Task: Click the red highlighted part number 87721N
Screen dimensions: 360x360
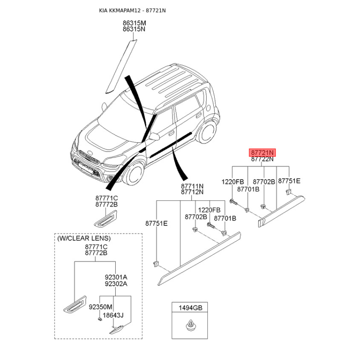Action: point(263,153)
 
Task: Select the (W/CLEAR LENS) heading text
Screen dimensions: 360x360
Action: point(83,238)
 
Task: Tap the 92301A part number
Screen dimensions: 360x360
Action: point(115,277)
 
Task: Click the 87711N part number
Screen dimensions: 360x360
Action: point(192,186)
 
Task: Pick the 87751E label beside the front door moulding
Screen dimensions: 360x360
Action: point(156,223)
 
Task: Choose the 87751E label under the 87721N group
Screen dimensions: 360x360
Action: point(289,181)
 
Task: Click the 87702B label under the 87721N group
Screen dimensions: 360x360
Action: point(264,182)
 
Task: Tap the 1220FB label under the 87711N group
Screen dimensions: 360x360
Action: point(209,210)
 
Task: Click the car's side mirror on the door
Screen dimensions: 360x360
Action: point(154,135)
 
